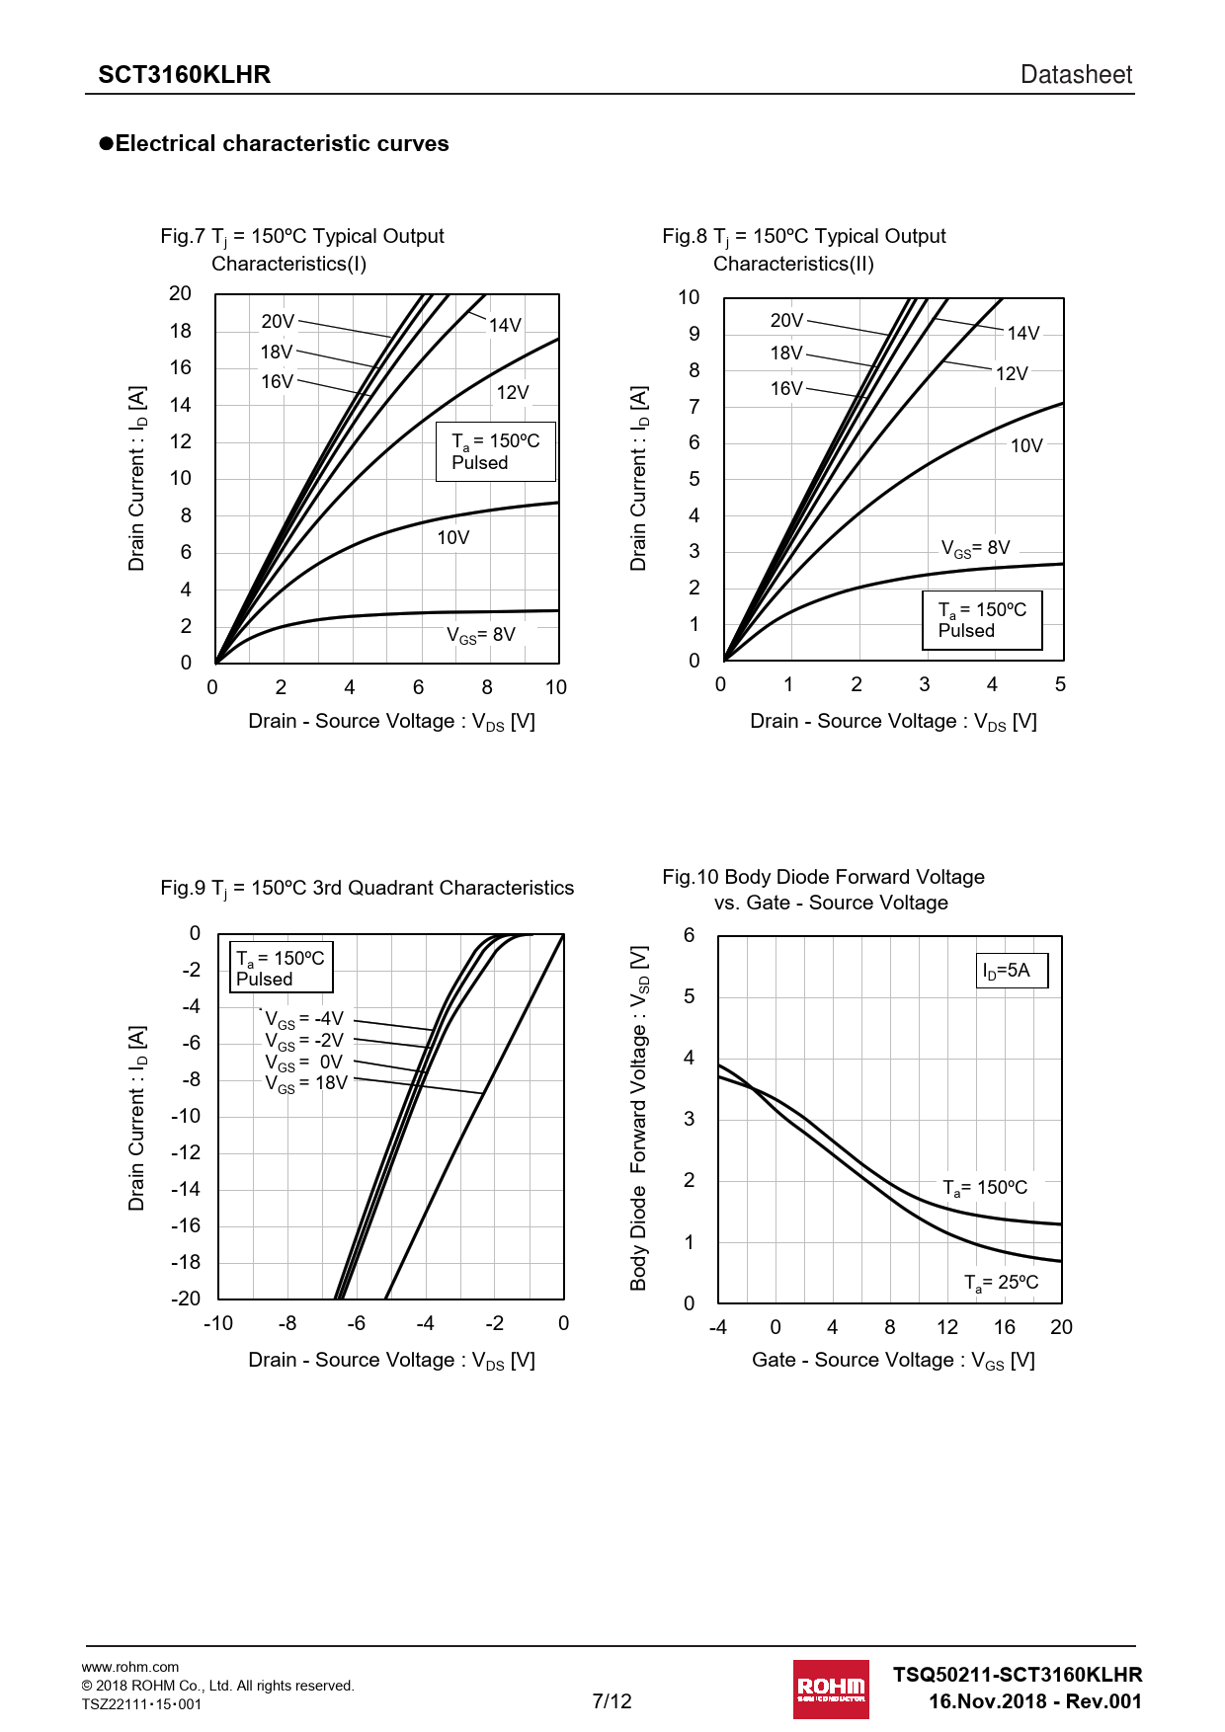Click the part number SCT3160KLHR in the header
click(x=184, y=75)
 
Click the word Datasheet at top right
click(x=1076, y=75)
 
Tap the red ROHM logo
click(x=831, y=1689)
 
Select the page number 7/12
click(x=612, y=1700)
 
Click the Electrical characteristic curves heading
click(x=282, y=144)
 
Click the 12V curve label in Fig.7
click(x=513, y=393)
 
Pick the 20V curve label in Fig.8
click(x=786, y=321)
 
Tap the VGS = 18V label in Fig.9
click(x=306, y=1083)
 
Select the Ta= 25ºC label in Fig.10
click(x=1001, y=1283)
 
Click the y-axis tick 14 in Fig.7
click(x=181, y=405)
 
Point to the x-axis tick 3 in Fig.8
click(x=925, y=684)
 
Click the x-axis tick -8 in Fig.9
click(x=287, y=1323)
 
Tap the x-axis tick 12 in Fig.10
click(x=947, y=1327)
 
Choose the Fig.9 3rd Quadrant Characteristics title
click(x=367, y=889)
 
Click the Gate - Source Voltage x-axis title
click(x=893, y=1361)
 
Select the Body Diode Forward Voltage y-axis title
click(x=639, y=1118)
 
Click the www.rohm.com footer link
click(x=130, y=1667)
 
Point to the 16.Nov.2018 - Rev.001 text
click(x=1034, y=1701)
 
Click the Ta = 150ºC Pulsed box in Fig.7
click(x=496, y=452)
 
